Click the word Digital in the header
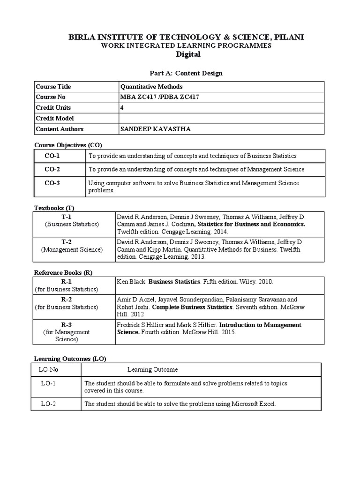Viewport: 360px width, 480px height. click(x=187, y=54)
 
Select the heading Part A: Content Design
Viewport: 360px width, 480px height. click(x=180, y=73)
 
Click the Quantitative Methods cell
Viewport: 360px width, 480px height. click(x=151, y=87)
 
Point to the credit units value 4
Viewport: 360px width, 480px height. click(x=122, y=108)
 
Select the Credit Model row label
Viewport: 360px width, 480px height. click(x=55, y=119)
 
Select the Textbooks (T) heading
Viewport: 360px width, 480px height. click(x=54, y=208)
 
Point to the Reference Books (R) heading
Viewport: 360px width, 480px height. click(x=62, y=272)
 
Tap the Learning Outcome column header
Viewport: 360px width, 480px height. click(x=152, y=370)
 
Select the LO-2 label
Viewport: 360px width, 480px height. click(x=48, y=403)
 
